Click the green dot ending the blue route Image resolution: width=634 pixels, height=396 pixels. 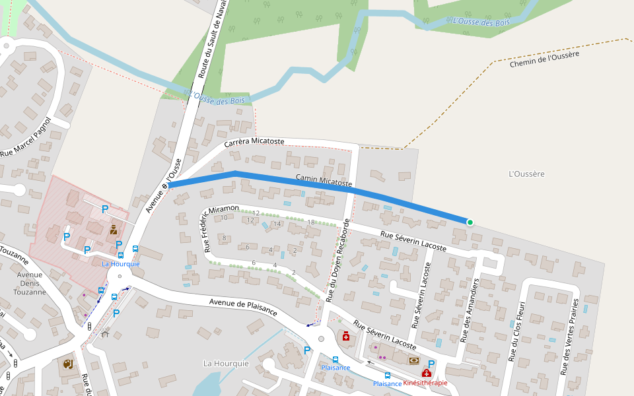[470, 222]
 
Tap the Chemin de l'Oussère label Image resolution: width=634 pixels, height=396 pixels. [544, 59]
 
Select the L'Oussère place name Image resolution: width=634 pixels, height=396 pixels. [527, 174]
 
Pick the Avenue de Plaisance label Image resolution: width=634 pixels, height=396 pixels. [243, 306]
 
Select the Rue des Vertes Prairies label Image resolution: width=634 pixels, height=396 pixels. [569, 337]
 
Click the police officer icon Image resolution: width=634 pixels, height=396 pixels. [114, 230]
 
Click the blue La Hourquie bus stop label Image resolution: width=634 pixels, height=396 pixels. [121, 263]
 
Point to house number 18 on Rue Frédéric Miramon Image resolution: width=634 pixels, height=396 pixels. [311, 222]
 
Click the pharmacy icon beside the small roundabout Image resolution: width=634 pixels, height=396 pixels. [345, 337]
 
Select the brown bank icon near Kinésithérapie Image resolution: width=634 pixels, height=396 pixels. [413, 360]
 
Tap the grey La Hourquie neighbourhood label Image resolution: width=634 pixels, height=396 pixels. [226, 364]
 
